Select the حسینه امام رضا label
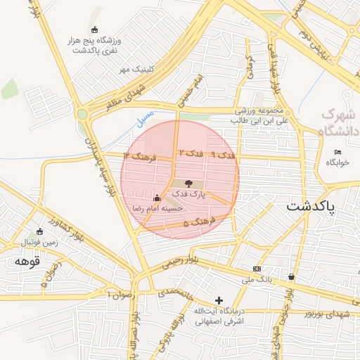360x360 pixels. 158,209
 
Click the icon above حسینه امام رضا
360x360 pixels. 157,198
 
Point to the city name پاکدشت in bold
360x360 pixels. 311,207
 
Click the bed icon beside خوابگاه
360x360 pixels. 338,152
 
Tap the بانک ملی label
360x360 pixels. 257,280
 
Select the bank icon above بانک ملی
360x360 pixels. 257,269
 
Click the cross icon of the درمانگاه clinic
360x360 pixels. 219,300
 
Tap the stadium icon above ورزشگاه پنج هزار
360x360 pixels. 95,29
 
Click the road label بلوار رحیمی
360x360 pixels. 181,262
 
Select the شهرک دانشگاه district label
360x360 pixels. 338,122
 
